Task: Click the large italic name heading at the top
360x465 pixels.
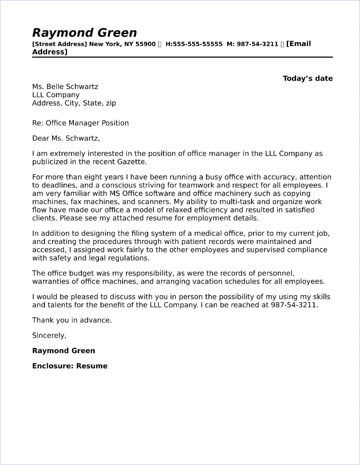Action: (x=84, y=33)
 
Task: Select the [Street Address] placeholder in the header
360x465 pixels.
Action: (x=60, y=44)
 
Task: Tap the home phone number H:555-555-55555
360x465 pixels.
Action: (x=194, y=44)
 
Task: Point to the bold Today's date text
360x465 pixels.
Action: (x=307, y=79)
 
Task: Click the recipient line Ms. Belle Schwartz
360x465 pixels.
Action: (x=65, y=87)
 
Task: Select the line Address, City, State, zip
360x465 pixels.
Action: (x=74, y=103)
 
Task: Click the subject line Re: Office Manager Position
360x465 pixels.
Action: (x=80, y=123)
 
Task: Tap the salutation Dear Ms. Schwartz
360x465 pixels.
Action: (x=66, y=138)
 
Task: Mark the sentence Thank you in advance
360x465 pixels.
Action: (x=72, y=320)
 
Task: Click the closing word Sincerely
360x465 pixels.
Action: (x=49, y=335)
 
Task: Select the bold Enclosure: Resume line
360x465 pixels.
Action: (x=70, y=366)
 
